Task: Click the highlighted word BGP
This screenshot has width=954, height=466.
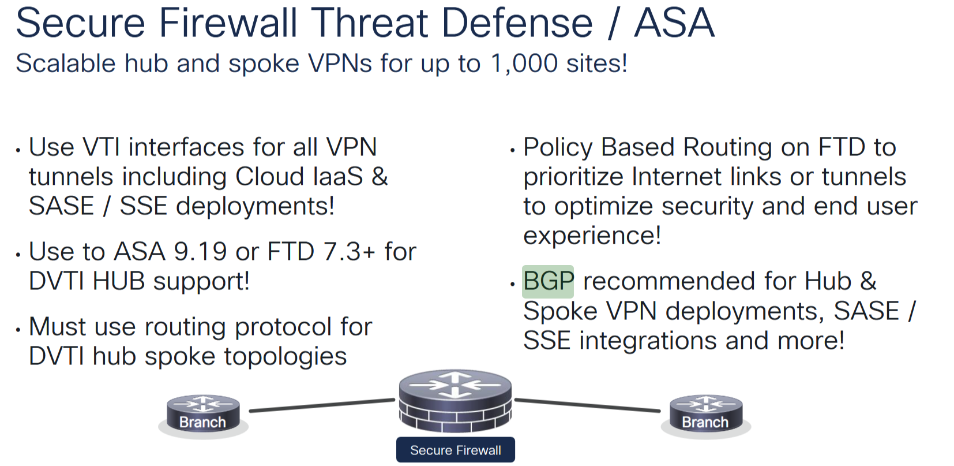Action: [x=547, y=281]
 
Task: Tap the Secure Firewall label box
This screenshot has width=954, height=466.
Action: [x=455, y=450]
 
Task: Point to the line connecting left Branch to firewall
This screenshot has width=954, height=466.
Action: [x=322, y=405]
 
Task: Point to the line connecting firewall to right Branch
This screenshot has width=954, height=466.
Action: [x=587, y=405]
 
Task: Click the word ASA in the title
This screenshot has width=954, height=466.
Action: [x=674, y=23]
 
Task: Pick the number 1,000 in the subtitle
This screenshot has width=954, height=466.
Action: [x=524, y=64]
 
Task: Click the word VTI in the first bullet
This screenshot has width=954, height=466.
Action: [x=102, y=147]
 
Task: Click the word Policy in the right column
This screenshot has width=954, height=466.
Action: [x=558, y=147]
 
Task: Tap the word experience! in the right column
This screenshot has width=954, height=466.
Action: [x=592, y=236]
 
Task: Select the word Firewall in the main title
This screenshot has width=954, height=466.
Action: [x=228, y=23]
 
